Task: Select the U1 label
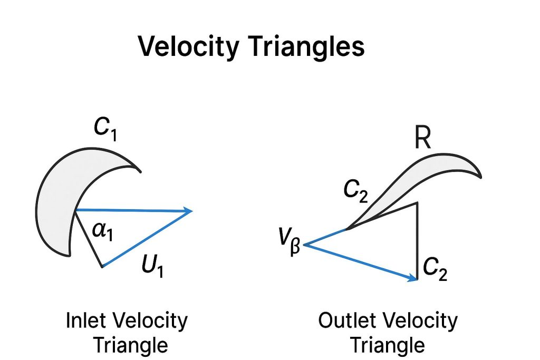pyautogui.click(x=153, y=266)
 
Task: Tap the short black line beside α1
pyautogui.click(x=89, y=240)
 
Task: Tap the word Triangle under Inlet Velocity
pyautogui.click(x=131, y=345)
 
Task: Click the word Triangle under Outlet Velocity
pyautogui.click(x=388, y=345)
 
